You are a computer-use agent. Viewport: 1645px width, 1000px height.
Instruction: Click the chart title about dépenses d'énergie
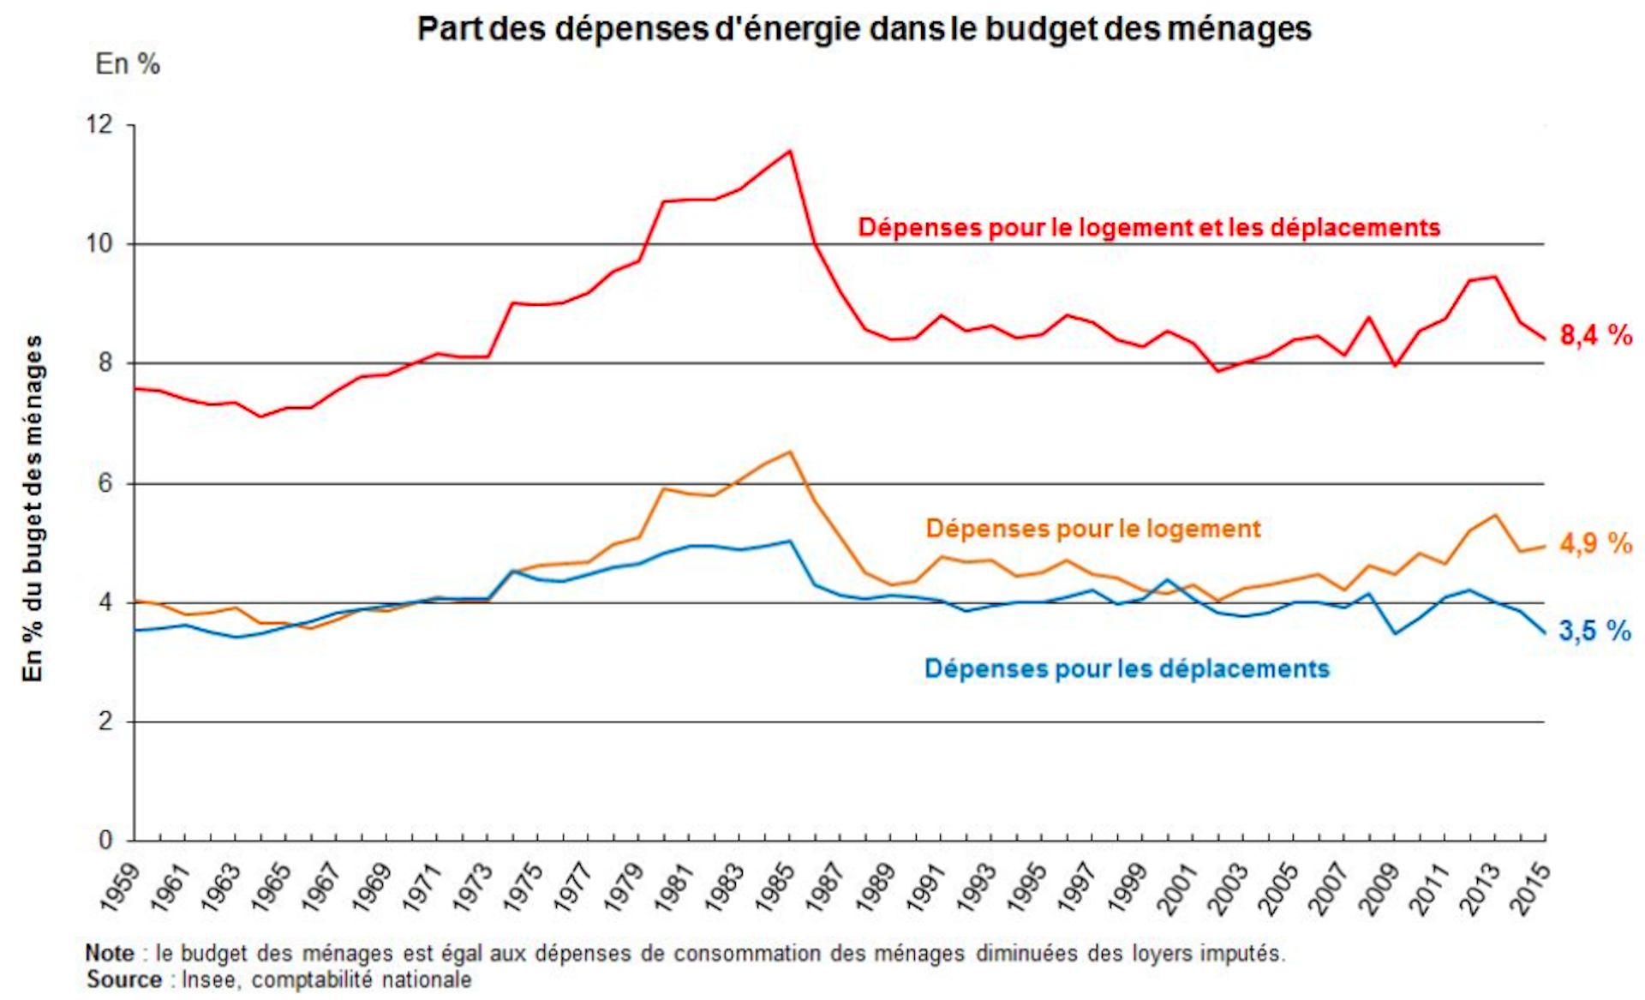coord(864,29)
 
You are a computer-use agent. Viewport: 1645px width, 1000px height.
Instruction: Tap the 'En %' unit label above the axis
coord(128,64)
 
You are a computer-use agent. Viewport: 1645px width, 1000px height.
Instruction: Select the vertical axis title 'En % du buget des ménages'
coord(33,509)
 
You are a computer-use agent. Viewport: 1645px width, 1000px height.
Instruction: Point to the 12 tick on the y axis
coord(99,125)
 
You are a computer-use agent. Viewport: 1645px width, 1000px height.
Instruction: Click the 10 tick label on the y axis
coord(99,244)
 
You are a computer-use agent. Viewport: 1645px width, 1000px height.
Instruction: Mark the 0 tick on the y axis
coord(105,841)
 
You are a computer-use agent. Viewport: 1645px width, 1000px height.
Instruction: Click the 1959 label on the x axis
coord(120,887)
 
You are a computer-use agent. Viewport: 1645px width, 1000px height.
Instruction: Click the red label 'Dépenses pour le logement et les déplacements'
coord(1149,228)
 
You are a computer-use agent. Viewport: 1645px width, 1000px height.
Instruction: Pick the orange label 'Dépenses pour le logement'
coord(1093,529)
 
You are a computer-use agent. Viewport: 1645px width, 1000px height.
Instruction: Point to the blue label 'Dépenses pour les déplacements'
coord(1127,669)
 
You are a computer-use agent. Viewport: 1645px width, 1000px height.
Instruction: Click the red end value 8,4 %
coord(1595,335)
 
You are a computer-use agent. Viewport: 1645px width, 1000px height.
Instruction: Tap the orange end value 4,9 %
coord(1595,543)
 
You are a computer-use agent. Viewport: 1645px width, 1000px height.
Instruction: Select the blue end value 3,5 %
coord(1594,632)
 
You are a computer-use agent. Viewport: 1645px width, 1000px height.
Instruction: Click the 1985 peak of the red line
coord(790,152)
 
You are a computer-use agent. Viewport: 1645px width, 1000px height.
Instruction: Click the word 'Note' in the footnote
coord(110,954)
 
